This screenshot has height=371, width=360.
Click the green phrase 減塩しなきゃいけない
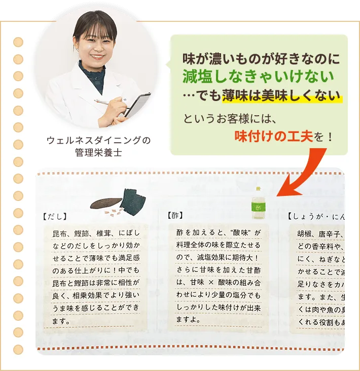[x=258, y=77]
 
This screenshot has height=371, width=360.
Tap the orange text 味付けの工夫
[x=273, y=136]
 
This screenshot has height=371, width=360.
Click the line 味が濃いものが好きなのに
[x=261, y=58]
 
